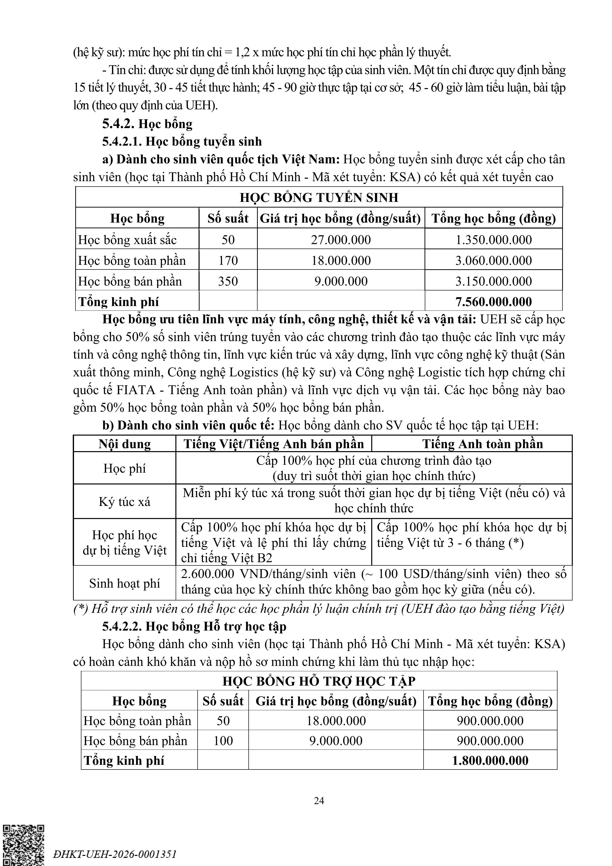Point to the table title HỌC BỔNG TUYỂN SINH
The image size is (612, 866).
pyautogui.click(x=319, y=197)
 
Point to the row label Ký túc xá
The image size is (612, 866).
pyautogui.click(x=124, y=502)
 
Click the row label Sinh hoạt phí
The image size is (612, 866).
pyautogui.click(x=124, y=583)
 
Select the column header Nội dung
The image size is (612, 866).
pyautogui.click(x=124, y=444)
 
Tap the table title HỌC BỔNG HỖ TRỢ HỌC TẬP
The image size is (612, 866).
pyautogui.click(x=319, y=681)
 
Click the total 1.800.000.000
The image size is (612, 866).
pyautogui.click(x=490, y=760)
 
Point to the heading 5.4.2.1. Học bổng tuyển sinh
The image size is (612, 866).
pyautogui.click(x=182, y=141)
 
